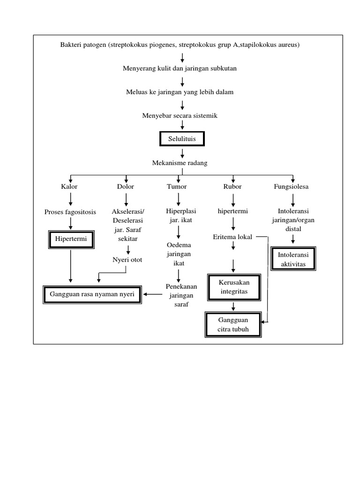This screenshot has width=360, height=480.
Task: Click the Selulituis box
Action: click(182, 139)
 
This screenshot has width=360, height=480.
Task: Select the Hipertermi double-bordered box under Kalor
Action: click(70, 240)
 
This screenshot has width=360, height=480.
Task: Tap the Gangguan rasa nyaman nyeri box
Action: click(93, 295)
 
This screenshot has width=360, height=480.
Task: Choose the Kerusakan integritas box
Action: click(232, 287)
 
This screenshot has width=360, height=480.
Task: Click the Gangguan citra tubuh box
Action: click(232, 324)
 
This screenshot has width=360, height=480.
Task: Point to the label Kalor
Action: click(69, 187)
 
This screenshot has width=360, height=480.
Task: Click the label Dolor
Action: click(126, 187)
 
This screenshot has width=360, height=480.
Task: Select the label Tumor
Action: click(177, 187)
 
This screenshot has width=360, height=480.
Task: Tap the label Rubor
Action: click(232, 187)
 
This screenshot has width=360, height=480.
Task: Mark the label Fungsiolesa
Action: click(291, 187)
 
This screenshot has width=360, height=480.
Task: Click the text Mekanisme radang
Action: click(180, 163)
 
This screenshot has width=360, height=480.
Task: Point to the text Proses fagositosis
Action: click(70, 212)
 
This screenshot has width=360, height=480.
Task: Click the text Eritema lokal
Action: click(232, 237)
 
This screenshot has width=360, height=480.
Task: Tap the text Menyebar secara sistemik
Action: click(180, 115)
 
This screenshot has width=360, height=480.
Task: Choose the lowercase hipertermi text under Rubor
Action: click(232, 212)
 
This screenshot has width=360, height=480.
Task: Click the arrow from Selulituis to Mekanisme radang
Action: click(182, 153)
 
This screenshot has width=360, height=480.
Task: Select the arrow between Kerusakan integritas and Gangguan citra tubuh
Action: click(232, 306)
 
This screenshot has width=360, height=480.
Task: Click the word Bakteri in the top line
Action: click(70, 45)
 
